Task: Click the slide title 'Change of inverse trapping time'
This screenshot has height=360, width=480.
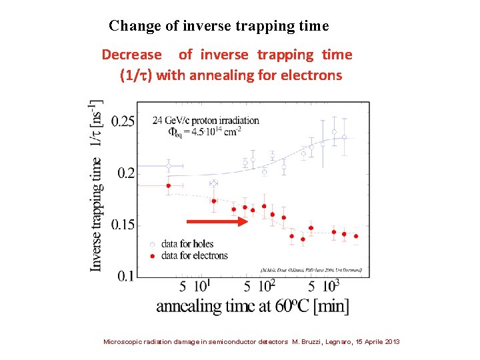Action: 219,26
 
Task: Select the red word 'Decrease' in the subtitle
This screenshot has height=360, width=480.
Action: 131,55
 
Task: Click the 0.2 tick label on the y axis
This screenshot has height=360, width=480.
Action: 125,173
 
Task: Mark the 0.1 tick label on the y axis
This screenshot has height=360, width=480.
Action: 125,276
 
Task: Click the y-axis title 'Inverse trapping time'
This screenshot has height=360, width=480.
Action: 97,214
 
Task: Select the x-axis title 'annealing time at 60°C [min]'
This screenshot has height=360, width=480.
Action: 252,306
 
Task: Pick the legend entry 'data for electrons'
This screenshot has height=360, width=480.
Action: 189,255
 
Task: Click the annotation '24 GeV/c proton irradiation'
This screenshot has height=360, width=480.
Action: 206,120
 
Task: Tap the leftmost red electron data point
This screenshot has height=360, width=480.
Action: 169,185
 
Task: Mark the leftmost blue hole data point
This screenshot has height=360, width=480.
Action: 169,165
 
